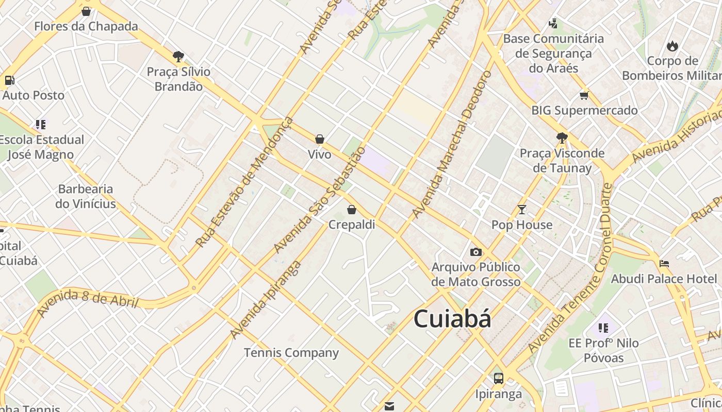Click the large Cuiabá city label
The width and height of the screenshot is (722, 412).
tap(452, 319)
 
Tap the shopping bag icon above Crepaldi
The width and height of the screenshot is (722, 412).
tap(352, 210)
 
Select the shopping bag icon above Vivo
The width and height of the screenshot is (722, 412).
tap(320, 139)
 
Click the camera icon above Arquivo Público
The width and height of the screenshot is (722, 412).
tap(475, 252)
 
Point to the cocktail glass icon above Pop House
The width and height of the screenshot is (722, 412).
tap(522, 210)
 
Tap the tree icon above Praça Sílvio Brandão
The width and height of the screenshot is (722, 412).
tap(178, 56)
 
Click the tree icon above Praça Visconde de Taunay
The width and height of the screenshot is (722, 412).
tap(562, 138)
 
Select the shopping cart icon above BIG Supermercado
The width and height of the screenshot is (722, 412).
tap(584, 95)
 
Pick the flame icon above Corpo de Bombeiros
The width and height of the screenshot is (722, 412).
tap(672, 46)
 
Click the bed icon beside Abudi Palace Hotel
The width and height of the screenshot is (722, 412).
tap(664, 264)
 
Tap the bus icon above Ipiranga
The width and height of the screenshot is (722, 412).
tap(499, 379)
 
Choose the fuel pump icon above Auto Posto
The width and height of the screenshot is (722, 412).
tap(9, 80)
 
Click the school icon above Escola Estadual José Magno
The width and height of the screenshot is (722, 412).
tap(41, 125)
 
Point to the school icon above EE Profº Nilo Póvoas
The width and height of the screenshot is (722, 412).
tap(603, 328)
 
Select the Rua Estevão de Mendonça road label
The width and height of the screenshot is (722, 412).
tap(244, 182)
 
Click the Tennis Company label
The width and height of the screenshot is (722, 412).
tap(291, 353)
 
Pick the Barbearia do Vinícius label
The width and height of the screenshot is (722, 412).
tap(86, 196)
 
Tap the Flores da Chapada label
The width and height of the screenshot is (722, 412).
tap(86, 26)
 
